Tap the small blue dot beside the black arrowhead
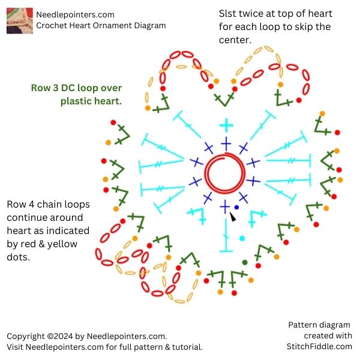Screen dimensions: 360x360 [236, 208]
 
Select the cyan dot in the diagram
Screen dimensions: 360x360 [242, 238]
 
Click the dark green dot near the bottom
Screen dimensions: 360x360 [245, 262]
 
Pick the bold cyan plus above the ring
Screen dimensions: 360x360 [226, 126]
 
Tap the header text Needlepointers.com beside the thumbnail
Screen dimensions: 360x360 [75, 14]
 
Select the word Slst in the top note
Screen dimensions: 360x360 [229, 13]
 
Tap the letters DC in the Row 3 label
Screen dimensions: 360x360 [66, 88]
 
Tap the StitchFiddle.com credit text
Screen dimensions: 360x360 [319, 346]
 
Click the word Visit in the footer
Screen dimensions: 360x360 [16, 347]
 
